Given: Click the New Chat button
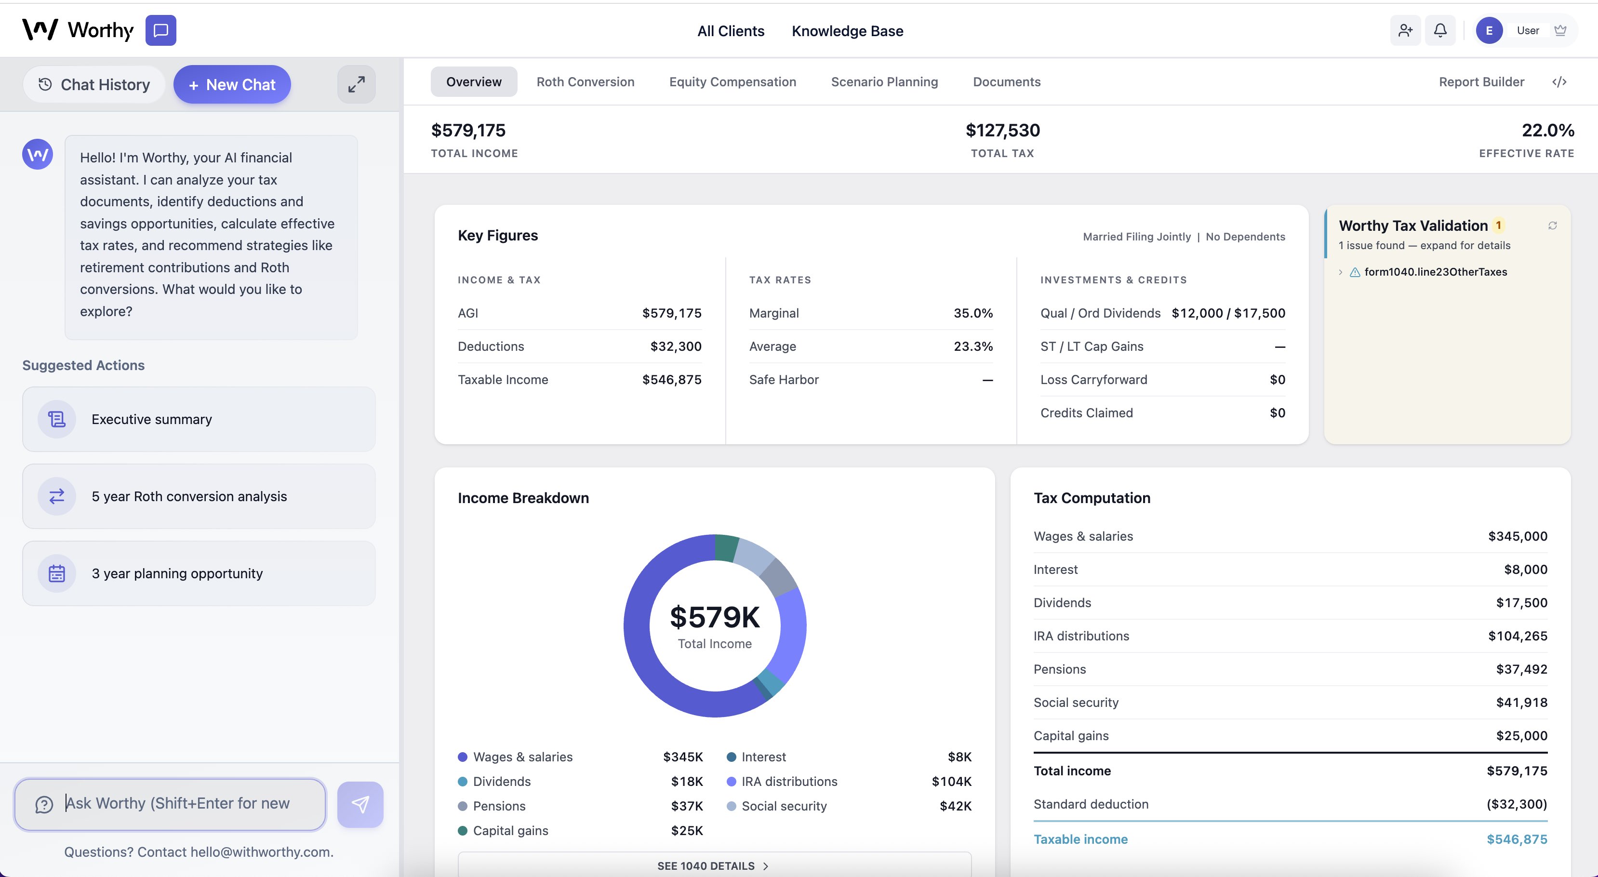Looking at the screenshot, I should pos(232,84).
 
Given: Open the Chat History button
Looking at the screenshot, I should pos(94,84).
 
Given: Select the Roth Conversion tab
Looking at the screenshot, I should pos(585,82).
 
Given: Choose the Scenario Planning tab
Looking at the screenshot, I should pos(884,82).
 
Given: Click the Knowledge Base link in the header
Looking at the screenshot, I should pos(847,31).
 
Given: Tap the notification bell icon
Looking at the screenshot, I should pos(1440,30).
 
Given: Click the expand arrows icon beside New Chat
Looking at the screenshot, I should pos(356,84).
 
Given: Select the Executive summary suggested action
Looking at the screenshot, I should pos(199,419).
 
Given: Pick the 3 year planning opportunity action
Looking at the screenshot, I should pos(199,573).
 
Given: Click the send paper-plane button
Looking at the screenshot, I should pos(360,804).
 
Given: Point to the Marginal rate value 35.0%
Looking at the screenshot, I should pos(972,313).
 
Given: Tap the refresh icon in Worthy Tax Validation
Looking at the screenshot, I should pos(1552,226).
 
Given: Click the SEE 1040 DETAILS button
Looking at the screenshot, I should pos(713,866).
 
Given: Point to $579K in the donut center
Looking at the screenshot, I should pos(715,617).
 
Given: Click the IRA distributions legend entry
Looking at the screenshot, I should pos(788,782).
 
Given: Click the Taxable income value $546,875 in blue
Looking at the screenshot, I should pos(1516,839).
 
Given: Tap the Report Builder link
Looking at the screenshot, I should pos(1481,82).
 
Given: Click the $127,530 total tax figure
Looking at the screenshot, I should pos(1002,130).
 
